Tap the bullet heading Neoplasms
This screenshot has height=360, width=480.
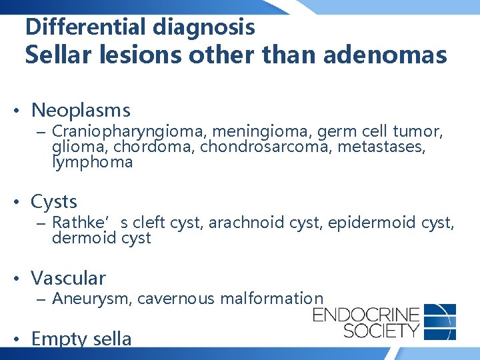tap(81, 110)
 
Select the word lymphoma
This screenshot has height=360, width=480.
tap(93, 161)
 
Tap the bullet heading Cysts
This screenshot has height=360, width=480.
tap(54, 201)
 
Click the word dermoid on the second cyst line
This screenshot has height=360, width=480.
tap(85, 237)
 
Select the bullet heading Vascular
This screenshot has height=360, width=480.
tap(68, 277)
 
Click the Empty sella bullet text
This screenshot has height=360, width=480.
tap(81, 339)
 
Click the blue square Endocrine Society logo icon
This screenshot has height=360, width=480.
tap(440, 321)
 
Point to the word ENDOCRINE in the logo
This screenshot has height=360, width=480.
tap(366, 314)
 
